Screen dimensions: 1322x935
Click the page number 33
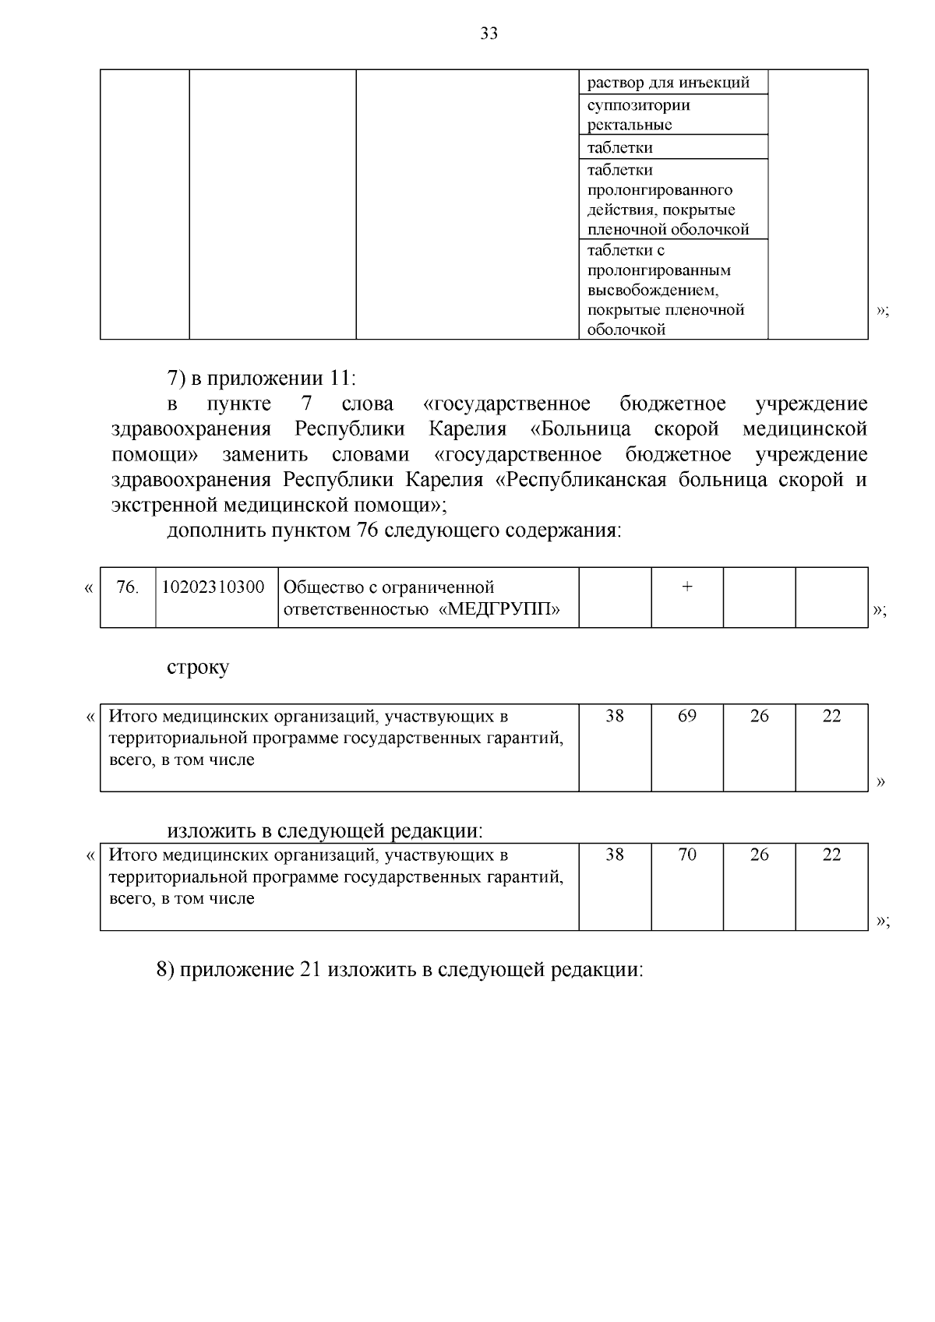(x=489, y=33)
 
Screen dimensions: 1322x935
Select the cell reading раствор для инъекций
(x=668, y=83)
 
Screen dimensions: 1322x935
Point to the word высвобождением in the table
(x=652, y=290)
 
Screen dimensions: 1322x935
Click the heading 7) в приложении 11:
(x=261, y=379)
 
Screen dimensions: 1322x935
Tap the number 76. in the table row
(x=127, y=587)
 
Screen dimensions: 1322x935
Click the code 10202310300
(x=213, y=587)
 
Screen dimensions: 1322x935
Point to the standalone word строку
(x=198, y=668)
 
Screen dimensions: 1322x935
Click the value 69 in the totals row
(x=686, y=716)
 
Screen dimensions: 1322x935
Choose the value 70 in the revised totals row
(x=686, y=855)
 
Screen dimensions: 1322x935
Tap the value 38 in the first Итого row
(x=615, y=716)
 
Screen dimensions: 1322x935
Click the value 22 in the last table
(x=831, y=855)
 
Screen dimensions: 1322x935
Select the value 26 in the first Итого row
(x=759, y=716)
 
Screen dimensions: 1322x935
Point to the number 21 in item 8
(x=310, y=970)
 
